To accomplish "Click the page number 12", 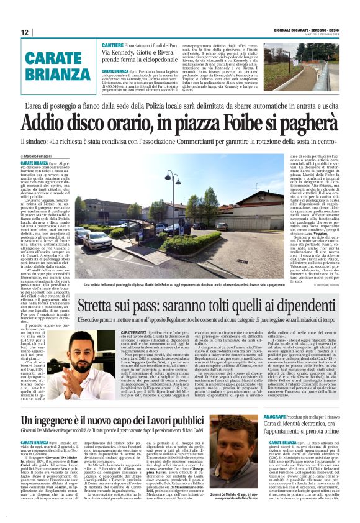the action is click(25, 32).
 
